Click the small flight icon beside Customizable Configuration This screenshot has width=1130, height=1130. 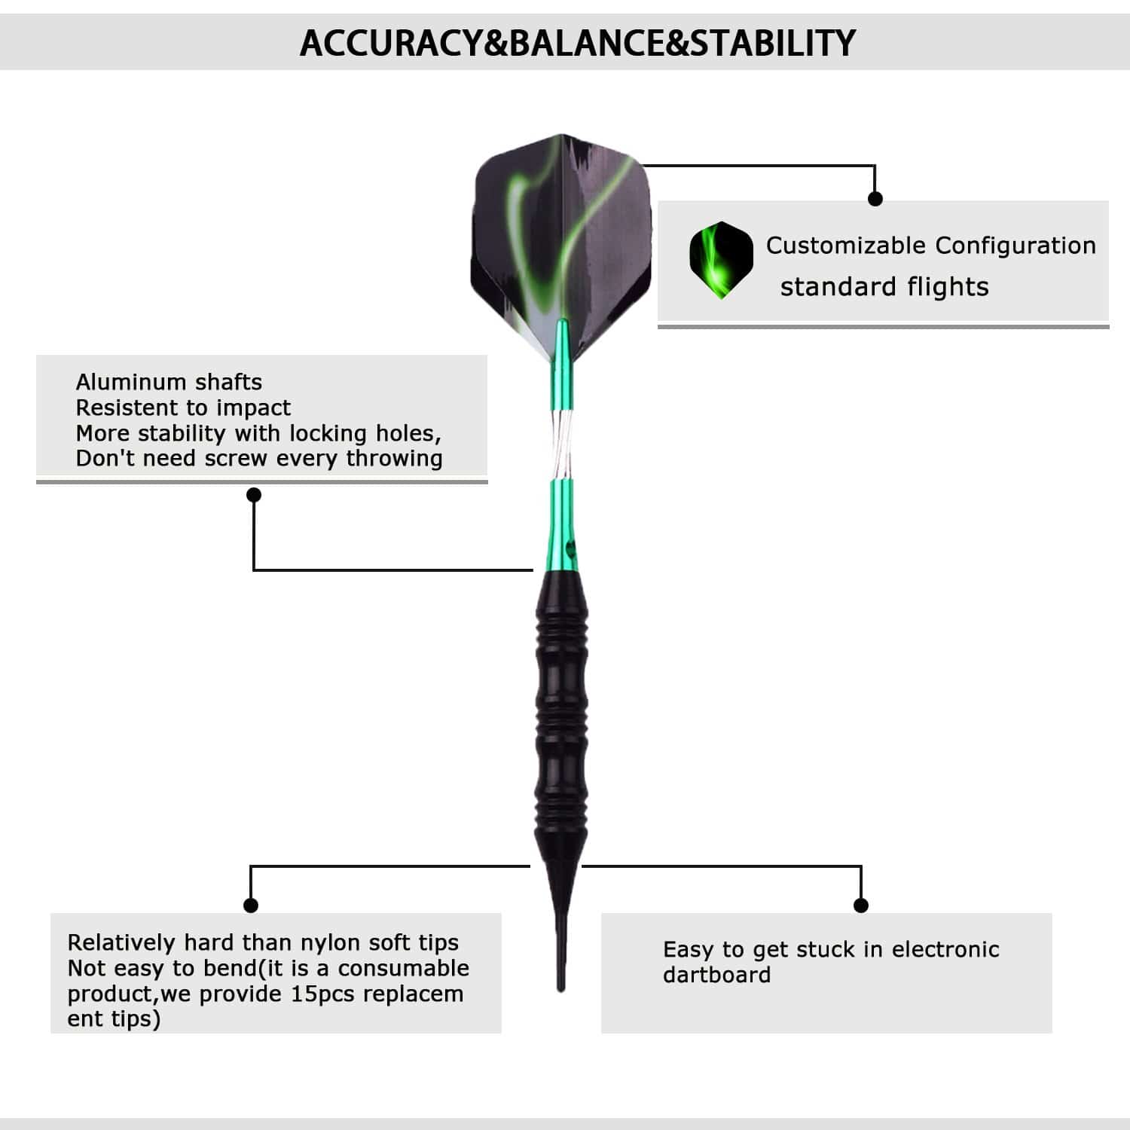pos(721,260)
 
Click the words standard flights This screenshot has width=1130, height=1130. pos(884,287)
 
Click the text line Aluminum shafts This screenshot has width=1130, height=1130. pos(169,382)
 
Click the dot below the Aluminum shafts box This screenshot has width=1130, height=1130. pos(254,495)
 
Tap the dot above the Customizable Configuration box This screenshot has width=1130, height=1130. pos(875,199)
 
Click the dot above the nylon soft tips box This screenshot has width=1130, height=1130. pos(251,905)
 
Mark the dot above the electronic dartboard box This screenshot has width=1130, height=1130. pos(861,905)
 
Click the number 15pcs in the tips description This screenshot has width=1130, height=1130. pos(322,994)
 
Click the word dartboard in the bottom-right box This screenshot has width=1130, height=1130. pos(716,975)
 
